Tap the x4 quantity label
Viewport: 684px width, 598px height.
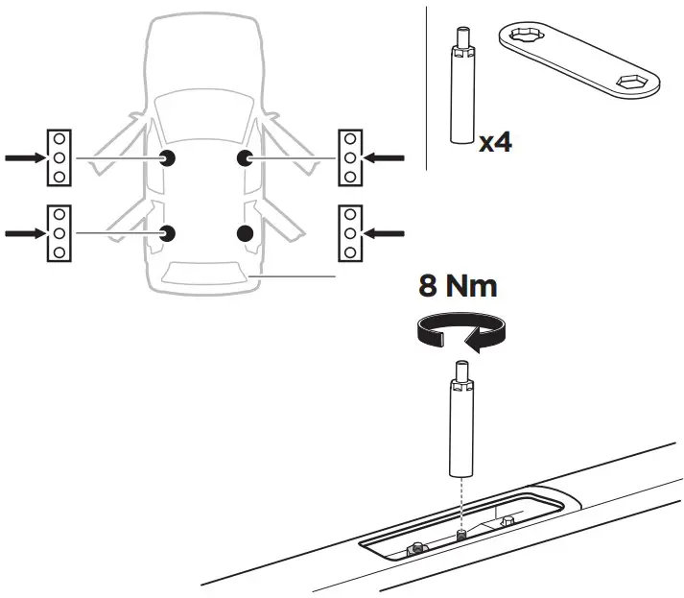point(495,143)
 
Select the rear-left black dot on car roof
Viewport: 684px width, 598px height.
point(168,232)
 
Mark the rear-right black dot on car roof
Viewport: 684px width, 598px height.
point(245,232)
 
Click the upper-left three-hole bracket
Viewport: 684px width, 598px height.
point(59,156)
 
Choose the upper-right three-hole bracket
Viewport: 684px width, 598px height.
point(350,156)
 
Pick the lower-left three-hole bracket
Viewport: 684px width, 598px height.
point(59,232)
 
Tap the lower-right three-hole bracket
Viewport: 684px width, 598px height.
point(350,232)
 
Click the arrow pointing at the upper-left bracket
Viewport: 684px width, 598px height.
point(24,156)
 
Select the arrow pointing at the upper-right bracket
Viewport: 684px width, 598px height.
point(386,156)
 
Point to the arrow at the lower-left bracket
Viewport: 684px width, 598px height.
point(24,231)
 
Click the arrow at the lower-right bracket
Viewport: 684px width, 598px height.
point(386,231)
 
